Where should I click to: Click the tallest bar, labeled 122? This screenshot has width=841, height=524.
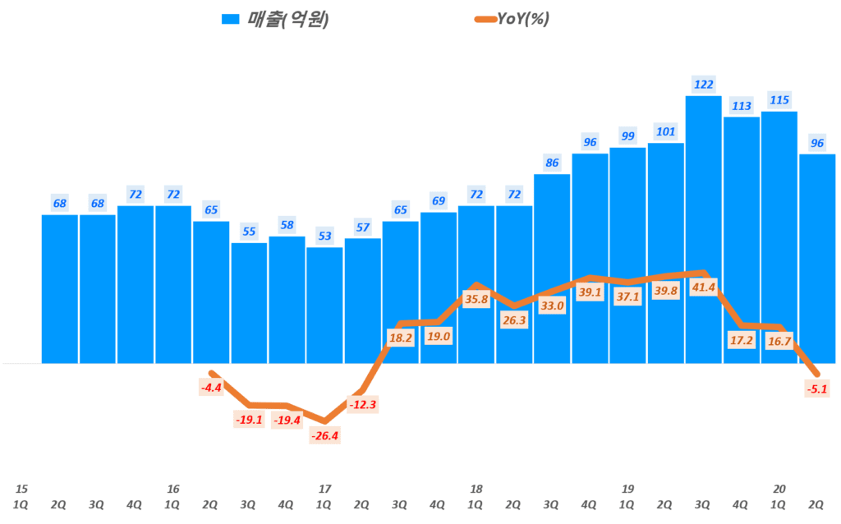[x=704, y=229]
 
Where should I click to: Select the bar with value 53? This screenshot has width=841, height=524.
[x=324, y=305]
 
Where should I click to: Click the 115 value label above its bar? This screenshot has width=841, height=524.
[x=779, y=100]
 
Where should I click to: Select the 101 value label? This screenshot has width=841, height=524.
[x=665, y=131]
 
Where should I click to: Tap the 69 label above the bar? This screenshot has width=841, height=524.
[x=439, y=201]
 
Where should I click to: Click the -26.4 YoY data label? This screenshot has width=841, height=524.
[x=325, y=436]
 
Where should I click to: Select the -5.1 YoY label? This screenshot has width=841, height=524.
[x=817, y=390]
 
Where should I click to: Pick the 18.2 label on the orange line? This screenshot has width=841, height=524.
[x=401, y=338]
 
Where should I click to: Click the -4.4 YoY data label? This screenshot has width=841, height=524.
[x=212, y=388]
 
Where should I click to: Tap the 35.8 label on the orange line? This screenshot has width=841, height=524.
[x=476, y=300]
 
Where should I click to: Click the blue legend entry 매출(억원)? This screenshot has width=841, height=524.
[x=276, y=20]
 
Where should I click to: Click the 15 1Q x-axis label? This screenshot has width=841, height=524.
[x=21, y=496]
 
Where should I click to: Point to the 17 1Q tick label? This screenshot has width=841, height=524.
[x=324, y=496]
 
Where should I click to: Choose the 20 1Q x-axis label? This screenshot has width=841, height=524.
[x=779, y=496]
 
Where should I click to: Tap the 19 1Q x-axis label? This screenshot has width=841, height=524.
[x=627, y=496]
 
